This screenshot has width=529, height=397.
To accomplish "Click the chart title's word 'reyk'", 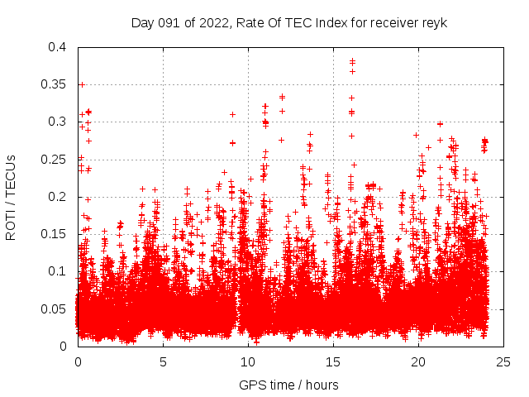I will coord(434,23).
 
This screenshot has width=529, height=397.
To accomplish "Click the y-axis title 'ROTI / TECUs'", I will coord(11,197).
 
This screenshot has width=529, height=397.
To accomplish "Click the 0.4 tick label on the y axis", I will coord(56,47).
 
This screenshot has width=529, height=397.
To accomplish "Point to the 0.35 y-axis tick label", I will coord(53,84).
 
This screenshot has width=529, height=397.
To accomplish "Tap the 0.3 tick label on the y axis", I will coord(56,122).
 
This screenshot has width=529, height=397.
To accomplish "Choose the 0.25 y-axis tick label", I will coord(53,159).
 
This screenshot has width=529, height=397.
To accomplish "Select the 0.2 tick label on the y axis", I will coord(56,196).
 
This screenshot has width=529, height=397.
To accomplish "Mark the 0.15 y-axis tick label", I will coord(53,234).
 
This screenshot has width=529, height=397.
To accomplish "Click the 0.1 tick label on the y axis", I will coord(56,271).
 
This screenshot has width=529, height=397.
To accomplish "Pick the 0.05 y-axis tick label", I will coord(53,309).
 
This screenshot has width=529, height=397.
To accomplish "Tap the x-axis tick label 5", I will coord(163,361).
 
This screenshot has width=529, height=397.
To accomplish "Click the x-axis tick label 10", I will coord(248,361).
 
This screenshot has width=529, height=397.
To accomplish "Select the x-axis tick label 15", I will coord(333,361).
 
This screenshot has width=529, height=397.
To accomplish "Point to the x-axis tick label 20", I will coord(418,361).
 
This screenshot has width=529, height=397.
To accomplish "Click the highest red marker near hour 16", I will coord(352,60).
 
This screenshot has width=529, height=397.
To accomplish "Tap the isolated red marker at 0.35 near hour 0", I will coord(81,84).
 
